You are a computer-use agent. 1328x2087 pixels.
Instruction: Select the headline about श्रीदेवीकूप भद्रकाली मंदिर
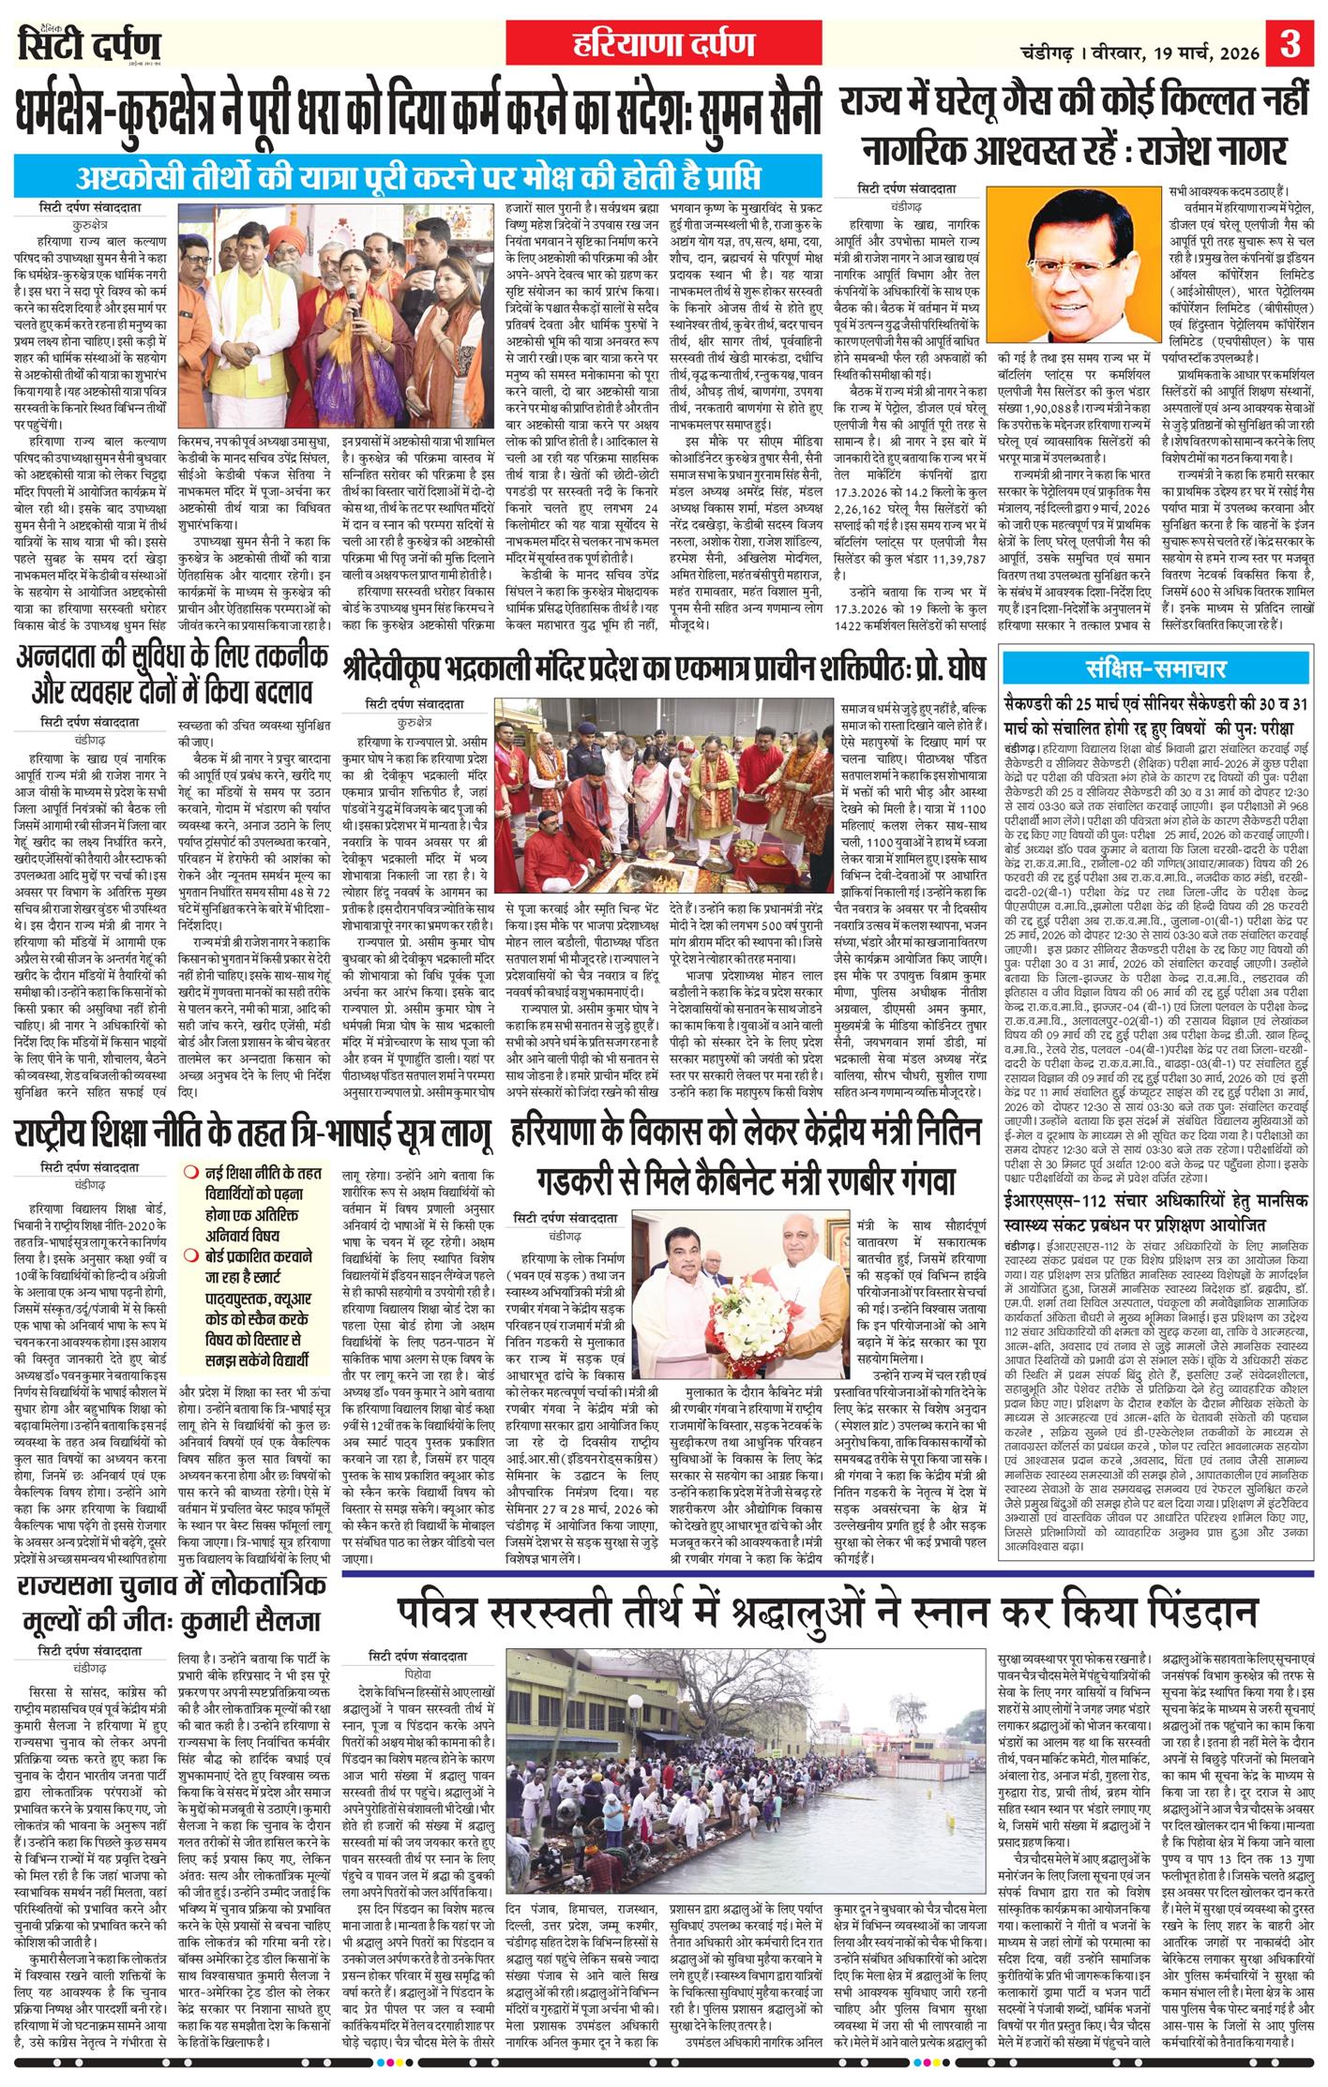pos(665,669)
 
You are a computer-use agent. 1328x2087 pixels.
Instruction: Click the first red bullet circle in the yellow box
pos(190,1171)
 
